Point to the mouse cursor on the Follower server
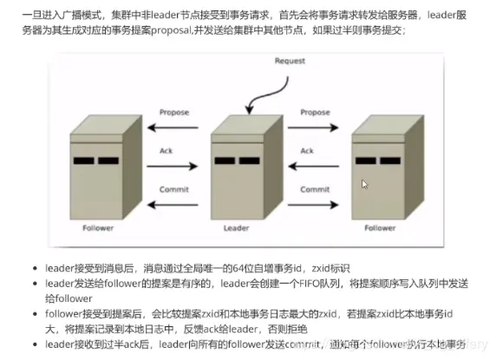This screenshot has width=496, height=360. pyautogui.click(x=365, y=184)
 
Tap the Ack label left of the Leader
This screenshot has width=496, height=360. pyautogui.click(x=166, y=150)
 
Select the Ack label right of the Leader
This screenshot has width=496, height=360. pyautogui.click(x=308, y=150)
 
